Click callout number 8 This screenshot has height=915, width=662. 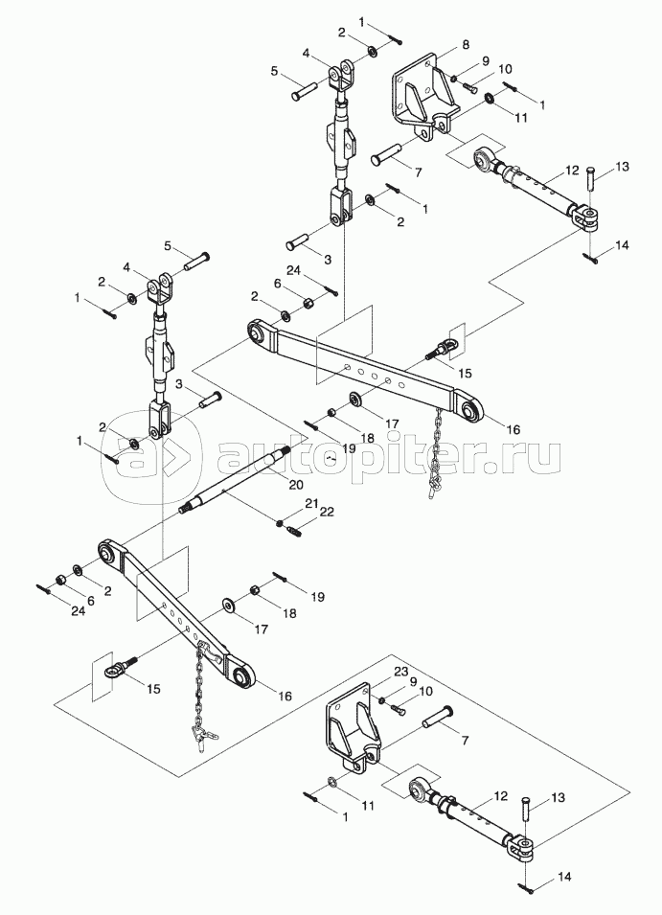466,45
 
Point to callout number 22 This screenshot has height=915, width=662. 327,513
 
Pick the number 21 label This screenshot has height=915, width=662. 311,504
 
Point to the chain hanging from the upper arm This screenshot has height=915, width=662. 434,449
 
